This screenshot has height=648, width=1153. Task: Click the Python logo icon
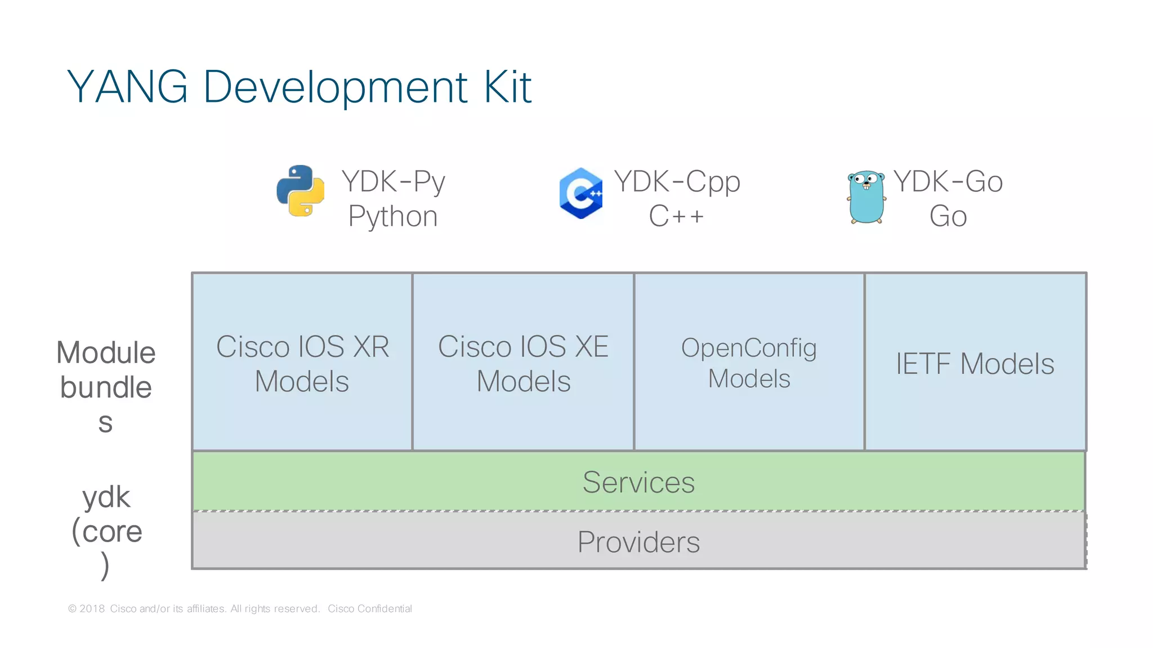[x=301, y=190]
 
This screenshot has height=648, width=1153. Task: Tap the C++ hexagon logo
[x=581, y=193]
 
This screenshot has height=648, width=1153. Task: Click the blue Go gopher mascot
[x=866, y=197]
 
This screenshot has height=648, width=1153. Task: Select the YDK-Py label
[x=393, y=181]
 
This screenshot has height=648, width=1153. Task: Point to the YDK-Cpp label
[x=677, y=181]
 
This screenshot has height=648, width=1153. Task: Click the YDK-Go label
[x=948, y=181]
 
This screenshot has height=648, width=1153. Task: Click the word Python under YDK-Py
[x=393, y=216]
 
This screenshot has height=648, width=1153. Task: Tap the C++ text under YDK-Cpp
[x=676, y=216]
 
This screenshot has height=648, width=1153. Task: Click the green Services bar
[x=638, y=482]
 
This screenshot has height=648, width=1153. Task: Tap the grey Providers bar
[x=638, y=542]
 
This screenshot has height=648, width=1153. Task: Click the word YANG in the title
[x=128, y=87]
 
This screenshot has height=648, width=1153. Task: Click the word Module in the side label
[x=106, y=353]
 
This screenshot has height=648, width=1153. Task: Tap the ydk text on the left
[x=106, y=497]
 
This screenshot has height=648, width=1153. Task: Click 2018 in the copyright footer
[x=92, y=609]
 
